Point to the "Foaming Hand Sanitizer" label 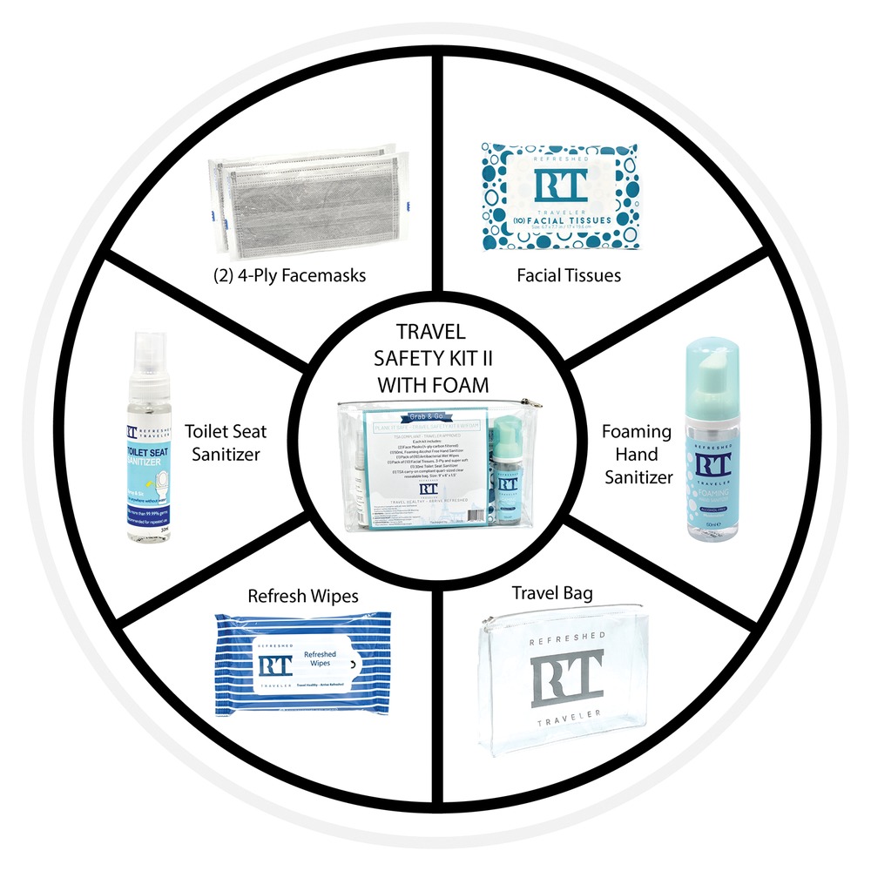(638, 454)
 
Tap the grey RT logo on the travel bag (566, 676)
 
